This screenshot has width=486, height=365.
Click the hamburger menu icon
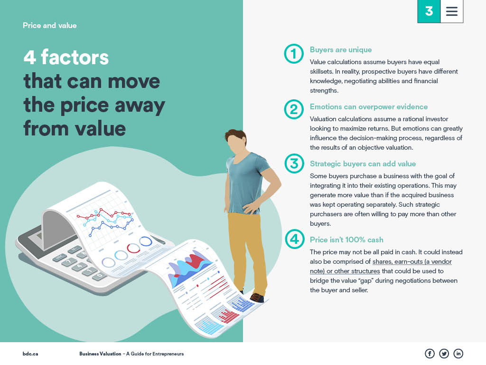452,11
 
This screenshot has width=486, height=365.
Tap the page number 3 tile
429,11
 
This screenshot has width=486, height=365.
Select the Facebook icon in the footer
430,354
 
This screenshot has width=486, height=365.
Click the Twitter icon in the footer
444,354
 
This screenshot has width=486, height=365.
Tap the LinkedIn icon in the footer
458,354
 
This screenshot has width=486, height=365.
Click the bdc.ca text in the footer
30,354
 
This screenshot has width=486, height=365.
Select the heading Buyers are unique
341,49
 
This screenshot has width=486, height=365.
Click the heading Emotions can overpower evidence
368,107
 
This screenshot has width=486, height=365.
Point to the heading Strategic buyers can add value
363,164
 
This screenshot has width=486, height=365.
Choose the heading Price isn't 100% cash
346,240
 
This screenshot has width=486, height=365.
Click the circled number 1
294,54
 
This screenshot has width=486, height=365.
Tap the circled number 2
294,109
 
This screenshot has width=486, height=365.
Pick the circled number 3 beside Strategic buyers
294,163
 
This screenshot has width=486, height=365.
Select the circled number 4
294,239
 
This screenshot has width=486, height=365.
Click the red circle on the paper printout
133,248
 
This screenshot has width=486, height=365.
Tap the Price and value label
49,26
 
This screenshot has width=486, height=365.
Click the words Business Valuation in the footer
100,354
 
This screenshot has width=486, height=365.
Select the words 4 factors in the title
66,58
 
